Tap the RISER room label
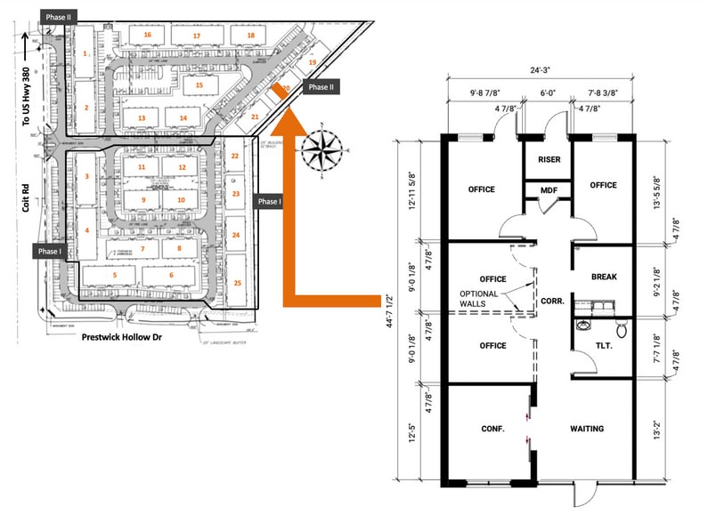[549, 160]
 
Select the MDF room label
[549, 190]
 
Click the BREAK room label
[604, 277]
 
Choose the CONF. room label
[492, 429]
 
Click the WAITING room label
[587, 429]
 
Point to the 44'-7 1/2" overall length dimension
[389, 313]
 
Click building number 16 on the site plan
[148, 35]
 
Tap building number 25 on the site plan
[236, 282]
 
